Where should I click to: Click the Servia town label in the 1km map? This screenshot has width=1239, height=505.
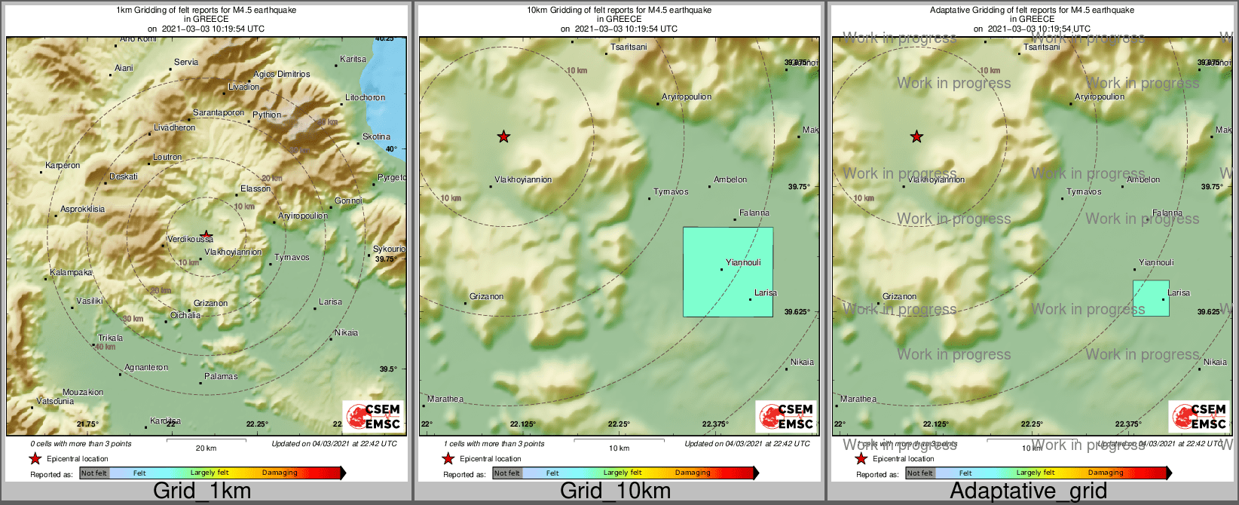tap(186, 63)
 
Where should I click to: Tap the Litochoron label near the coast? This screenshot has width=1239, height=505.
tap(365, 98)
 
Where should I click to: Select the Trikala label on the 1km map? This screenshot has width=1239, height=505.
tap(110, 338)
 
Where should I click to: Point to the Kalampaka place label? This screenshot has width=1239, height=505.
tap(71, 273)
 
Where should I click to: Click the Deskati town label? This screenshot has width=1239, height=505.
tap(124, 177)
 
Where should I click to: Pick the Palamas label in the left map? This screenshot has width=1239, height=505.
tap(221, 377)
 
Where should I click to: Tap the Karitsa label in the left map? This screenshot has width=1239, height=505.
tap(353, 60)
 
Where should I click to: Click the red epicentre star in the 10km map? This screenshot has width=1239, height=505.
tap(503, 136)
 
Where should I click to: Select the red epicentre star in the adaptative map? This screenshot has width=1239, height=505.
tap(916, 136)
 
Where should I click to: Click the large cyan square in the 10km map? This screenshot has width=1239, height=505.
tap(727, 272)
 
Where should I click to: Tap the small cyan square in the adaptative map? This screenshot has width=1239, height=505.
tap(1151, 298)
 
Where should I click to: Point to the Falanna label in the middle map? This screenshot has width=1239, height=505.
tap(754, 213)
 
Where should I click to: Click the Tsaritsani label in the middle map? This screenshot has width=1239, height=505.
tap(629, 47)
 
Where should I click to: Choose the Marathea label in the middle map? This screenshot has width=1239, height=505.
tap(445, 399)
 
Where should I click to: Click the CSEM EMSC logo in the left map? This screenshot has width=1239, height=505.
tap(373, 416)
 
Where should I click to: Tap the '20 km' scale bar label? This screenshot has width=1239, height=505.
tap(206, 448)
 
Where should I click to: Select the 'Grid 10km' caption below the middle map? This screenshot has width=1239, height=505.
tap(615, 491)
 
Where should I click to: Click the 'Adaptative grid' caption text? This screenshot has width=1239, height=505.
tap(1028, 491)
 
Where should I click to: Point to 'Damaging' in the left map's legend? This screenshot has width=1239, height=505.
tap(280, 473)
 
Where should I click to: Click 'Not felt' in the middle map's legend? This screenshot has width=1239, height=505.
tap(507, 473)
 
